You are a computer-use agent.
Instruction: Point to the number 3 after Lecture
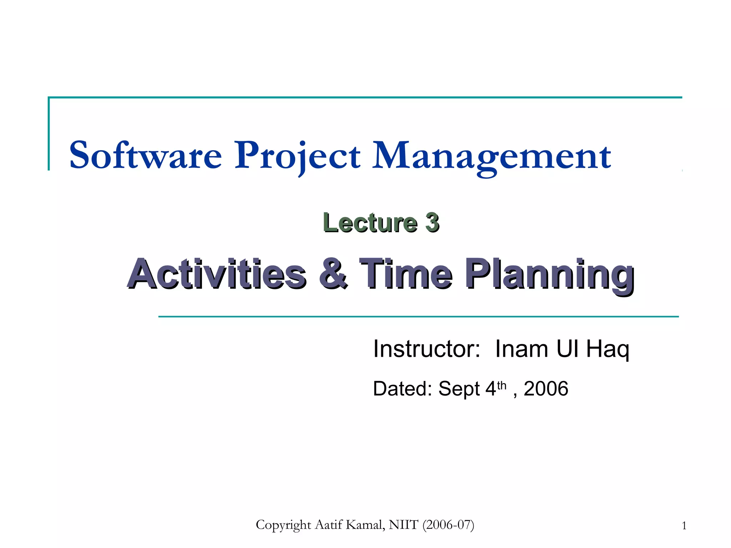pos(432,223)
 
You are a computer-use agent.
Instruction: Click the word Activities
pos(217,274)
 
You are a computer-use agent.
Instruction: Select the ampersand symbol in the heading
pos(333,273)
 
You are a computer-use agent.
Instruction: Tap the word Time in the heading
pos(406,274)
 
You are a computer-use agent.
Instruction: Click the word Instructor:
pos(427,349)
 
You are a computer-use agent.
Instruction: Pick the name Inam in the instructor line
pos(521,349)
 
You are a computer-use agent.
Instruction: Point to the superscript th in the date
pos(501,385)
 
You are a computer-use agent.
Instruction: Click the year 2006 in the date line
pos(545,389)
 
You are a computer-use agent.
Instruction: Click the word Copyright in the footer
pos(283,525)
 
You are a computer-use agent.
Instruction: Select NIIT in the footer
pos(403,525)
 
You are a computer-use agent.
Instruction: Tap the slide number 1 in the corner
pos(684,526)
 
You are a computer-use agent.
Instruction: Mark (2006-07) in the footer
pos(448,525)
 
